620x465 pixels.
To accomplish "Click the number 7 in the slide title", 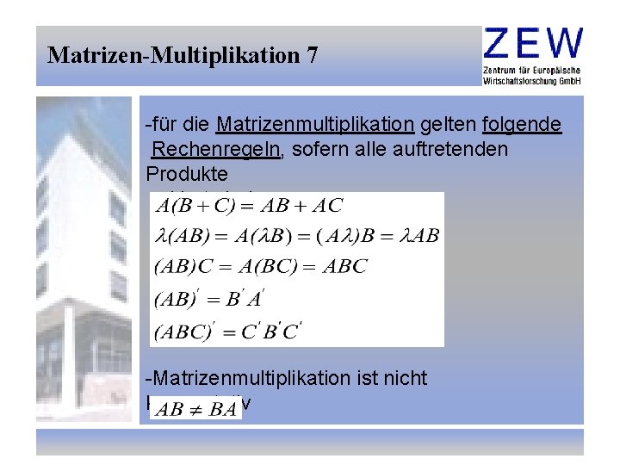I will (311, 56).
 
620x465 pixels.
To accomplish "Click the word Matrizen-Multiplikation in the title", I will (172, 56).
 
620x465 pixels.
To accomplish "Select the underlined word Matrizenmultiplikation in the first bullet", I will (315, 125).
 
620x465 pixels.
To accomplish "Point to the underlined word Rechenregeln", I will (216, 149).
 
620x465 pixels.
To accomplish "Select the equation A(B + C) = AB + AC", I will (248, 206).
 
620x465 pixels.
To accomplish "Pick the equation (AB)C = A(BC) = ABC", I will (260, 266).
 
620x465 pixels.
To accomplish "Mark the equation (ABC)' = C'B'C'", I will (227, 329).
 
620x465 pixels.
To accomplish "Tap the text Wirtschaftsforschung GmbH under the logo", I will (533, 80).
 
